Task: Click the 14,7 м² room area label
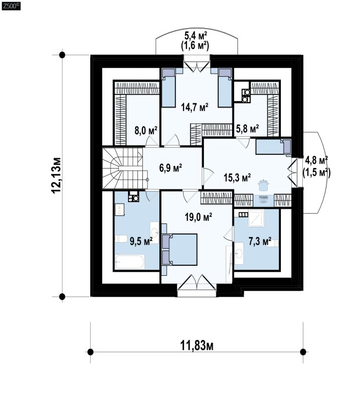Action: tap(195, 107)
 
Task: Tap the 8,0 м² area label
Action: tap(146, 131)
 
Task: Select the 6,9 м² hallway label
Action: tap(171, 168)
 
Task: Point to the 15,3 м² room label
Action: tap(237, 177)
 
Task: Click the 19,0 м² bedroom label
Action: tap(198, 217)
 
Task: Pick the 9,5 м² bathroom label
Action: tap(141, 241)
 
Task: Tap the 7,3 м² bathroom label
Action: tap(260, 241)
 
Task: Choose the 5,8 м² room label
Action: tap(247, 129)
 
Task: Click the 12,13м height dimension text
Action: tap(56, 176)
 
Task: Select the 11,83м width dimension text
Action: tap(197, 345)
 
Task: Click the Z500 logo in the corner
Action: tap(11, 7)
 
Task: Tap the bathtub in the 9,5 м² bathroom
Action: tap(130, 261)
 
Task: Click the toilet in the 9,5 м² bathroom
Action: tap(121, 239)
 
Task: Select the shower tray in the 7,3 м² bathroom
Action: tap(256, 218)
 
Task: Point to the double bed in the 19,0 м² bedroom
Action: tap(180, 249)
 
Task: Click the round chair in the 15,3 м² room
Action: tap(263, 186)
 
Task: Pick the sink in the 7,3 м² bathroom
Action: tap(239, 253)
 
